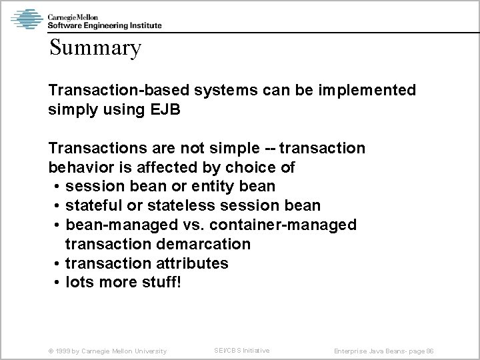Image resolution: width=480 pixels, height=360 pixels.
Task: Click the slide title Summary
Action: [x=95, y=48]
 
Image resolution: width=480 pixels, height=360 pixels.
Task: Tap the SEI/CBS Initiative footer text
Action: [x=241, y=351]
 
